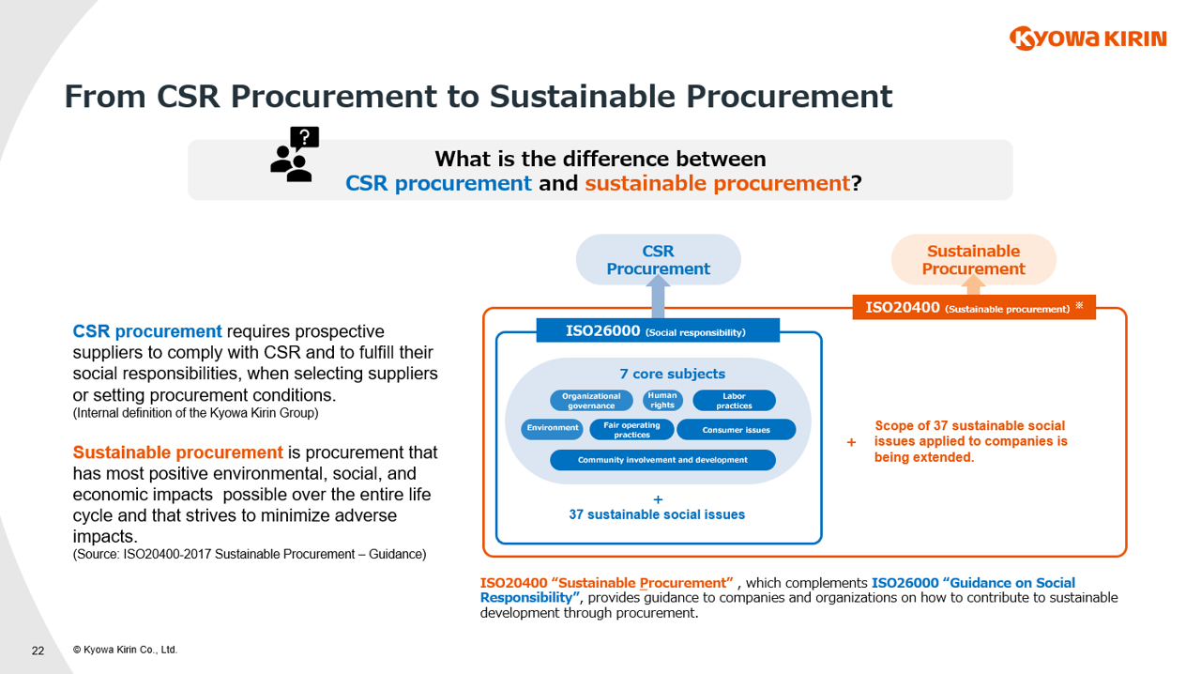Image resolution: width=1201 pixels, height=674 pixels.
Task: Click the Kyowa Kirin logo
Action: (1087, 38)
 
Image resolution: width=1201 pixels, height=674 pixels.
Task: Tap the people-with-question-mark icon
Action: (294, 155)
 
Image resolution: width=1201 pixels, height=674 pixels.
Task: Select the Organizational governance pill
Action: (591, 401)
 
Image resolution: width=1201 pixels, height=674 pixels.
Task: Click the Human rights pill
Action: (662, 401)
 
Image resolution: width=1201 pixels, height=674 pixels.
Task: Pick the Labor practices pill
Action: (734, 401)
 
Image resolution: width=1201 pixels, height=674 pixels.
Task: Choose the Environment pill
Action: (553, 429)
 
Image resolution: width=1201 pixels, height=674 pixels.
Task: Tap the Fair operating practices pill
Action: (631, 430)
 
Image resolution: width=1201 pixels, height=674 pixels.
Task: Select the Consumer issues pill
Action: (736, 430)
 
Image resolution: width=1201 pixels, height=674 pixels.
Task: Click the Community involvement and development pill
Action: (662, 460)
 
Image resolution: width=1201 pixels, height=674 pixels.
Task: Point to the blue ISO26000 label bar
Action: (658, 330)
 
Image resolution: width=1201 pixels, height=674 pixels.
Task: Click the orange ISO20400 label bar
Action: (973, 307)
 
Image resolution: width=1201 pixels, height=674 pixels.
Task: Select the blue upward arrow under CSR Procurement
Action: (658, 300)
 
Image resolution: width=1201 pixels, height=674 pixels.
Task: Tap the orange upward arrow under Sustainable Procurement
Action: (974, 284)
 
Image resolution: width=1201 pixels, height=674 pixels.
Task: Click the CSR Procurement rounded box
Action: (658, 260)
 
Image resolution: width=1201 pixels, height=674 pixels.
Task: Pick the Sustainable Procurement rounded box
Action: (973, 260)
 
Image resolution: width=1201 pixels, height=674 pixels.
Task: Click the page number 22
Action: (38, 651)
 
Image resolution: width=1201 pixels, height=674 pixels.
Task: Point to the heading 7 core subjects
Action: (672, 374)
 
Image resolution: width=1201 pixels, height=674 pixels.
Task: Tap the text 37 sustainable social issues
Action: (657, 514)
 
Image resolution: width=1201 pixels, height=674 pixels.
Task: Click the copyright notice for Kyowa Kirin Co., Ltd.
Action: (125, 650)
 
